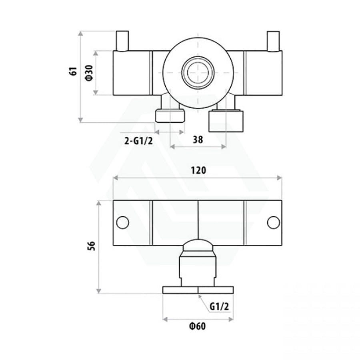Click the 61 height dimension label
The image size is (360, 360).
73,72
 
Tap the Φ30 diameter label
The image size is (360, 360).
89,73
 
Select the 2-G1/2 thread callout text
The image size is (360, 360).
138,141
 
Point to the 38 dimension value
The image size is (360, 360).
198,139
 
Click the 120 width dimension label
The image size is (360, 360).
198,170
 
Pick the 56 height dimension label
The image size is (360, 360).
91,246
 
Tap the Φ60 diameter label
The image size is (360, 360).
198,326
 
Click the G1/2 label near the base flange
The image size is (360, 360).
219,306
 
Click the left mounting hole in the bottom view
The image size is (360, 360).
123,222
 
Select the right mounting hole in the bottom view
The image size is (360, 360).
274,222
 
